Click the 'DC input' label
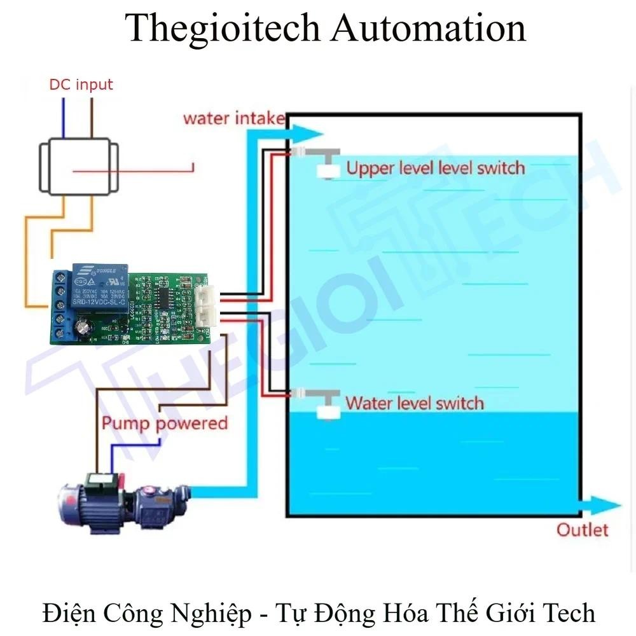coord(81,85)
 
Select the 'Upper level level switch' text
coord(436,168)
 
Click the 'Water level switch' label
coord(414,403)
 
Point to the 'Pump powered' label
coord(165,423)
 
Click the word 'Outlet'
coord(583,529)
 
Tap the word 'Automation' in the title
coord(430,29)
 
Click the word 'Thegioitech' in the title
coord(221,29)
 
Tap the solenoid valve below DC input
coord(78,167)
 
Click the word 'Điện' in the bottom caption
coord(67,613)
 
